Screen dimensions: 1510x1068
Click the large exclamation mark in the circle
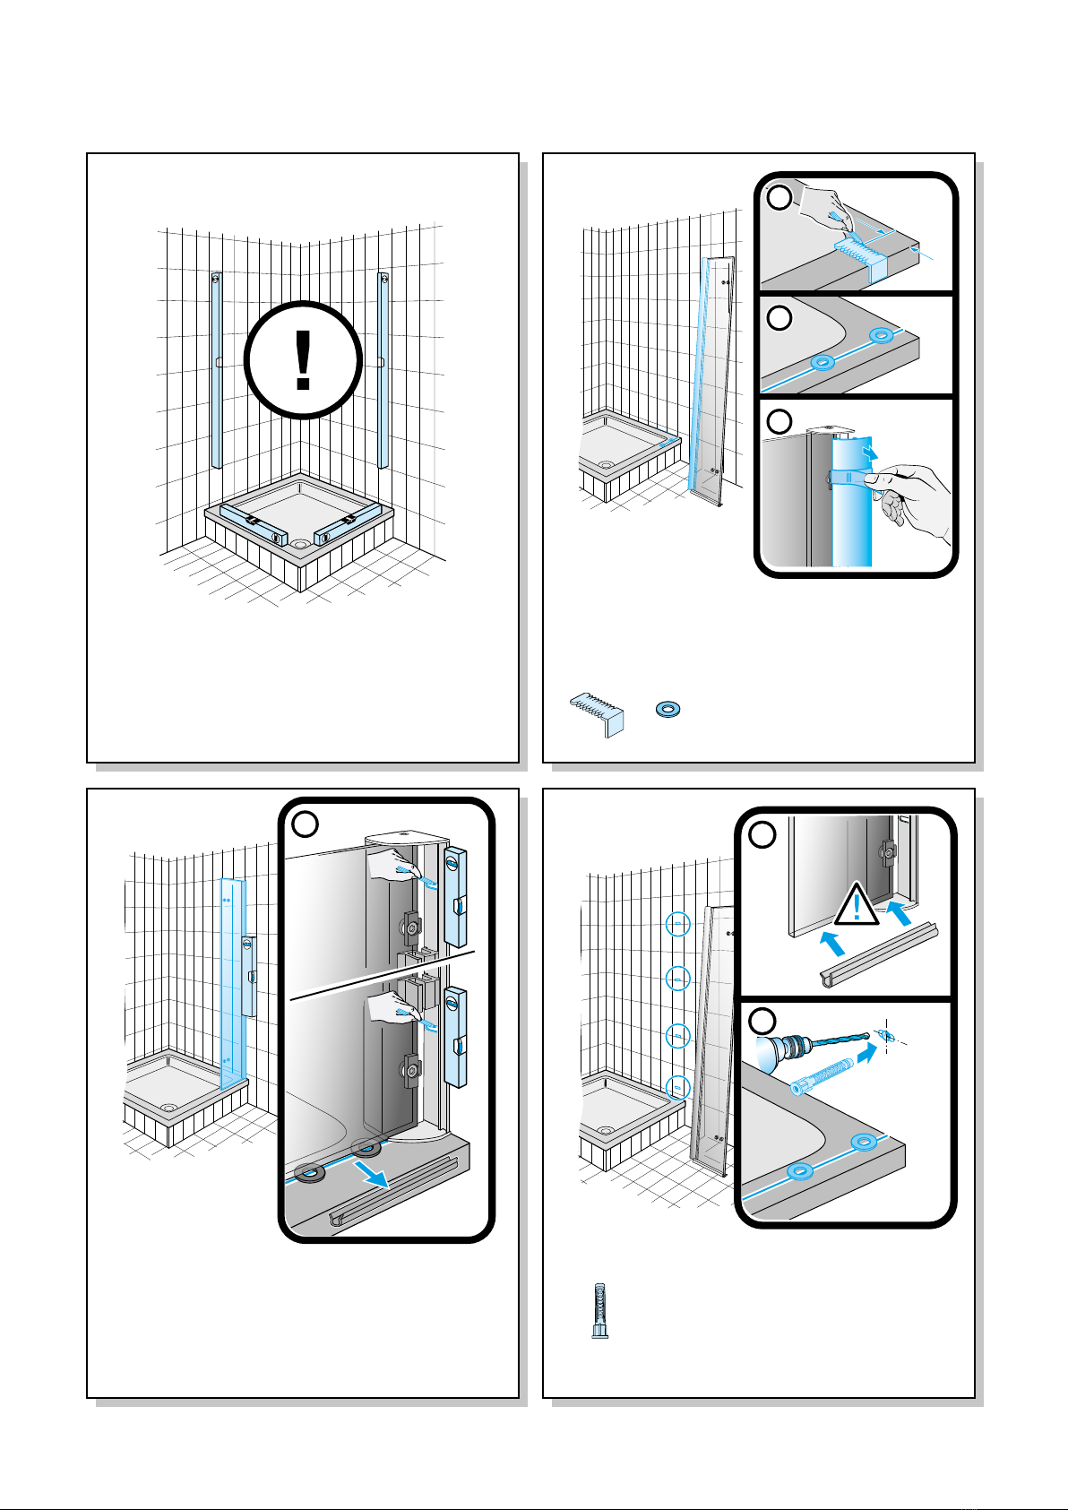pos(303,359)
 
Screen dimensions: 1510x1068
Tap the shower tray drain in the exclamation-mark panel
pos(299,543)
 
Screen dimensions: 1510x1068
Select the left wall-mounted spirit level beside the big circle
pos(216,369)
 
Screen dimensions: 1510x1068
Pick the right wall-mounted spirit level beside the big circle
pos(383,369)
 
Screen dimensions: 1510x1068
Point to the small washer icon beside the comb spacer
pos(667,709)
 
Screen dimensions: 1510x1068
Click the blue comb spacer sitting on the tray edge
pos(861,255)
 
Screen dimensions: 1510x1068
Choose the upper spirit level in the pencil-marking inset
pos(455,896)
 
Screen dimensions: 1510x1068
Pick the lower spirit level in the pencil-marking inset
pos(455,1036)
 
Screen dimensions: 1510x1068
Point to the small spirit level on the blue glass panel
pos(247,976)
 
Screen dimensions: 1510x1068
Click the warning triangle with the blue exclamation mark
pos(857,907)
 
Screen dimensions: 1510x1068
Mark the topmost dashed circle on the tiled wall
pos(679,924)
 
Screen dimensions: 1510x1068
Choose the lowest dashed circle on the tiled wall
pos(679,1088)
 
